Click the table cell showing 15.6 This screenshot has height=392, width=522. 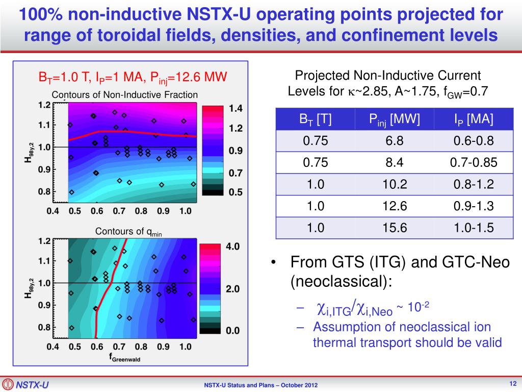pyautogui.click(x=395, y=228)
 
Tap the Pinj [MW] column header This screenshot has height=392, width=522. pyautogui.click(x=395, y=119)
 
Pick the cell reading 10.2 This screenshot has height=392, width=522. pyautogui.click(x=395, y=184)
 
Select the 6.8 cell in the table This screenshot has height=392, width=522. pyautogui.click(x=395, y=141)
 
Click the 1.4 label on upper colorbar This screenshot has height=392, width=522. pyautogui.click(x=236, y=108)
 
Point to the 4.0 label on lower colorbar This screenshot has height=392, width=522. pyautogui.click(x=232, y=246)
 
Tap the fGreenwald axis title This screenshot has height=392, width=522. pyautogui.click(x=124, y=358)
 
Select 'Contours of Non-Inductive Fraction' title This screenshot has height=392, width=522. pyautogui.click(x=125, y=94)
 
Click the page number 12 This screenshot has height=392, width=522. pyautogui.click(x=513, y=383)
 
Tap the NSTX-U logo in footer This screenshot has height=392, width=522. pyautogui.click(x=25, y=384)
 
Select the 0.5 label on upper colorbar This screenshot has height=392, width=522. pyautogui.click(x=236, y=192)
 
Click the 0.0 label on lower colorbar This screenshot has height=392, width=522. pyautogui.click(x=232, y=330)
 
